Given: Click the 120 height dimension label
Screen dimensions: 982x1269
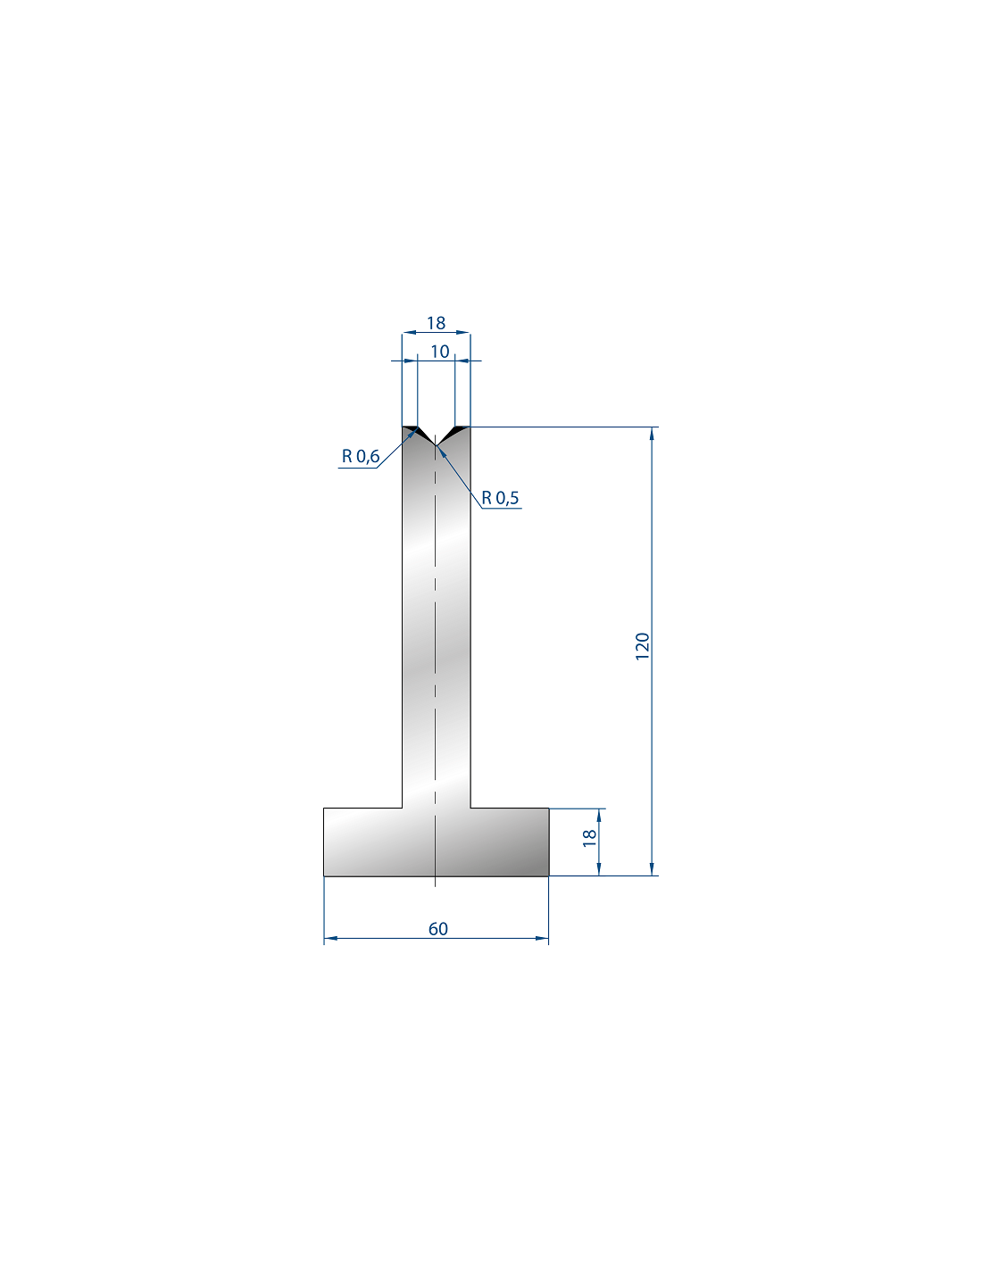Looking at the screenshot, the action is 642,646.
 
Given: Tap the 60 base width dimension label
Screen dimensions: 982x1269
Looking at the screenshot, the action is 438,928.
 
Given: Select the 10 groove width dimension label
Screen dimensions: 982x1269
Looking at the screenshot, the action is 440,352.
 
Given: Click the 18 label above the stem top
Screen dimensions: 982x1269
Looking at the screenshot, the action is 436,323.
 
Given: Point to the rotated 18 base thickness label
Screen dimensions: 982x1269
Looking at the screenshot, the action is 589,838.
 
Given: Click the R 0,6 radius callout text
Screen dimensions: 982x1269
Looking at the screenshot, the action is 361,456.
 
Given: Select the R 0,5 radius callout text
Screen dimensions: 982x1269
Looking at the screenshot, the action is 500,498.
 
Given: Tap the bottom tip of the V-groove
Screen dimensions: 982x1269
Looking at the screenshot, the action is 436,446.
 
